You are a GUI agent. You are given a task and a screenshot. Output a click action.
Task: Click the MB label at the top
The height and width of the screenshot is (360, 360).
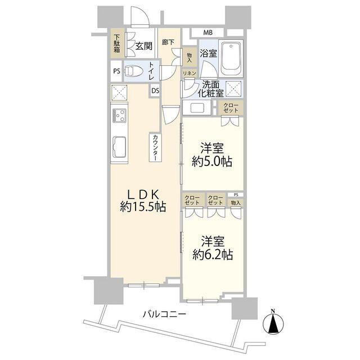tap(208, 33)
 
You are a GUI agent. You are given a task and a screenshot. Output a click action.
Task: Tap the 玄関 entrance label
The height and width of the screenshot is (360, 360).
tap(144, 46)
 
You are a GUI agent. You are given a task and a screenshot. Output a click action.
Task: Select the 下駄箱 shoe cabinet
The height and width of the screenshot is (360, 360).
tap(117, 43)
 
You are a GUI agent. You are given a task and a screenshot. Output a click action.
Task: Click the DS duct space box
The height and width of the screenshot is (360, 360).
tap(155, 91)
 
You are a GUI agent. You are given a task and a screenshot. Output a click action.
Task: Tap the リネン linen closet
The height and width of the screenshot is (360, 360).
tap(190, 73)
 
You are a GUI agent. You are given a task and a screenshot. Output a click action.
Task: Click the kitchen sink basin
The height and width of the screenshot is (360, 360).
tap(119, 147)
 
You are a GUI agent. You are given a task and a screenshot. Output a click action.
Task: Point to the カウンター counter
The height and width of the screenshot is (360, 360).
tap(155, 147)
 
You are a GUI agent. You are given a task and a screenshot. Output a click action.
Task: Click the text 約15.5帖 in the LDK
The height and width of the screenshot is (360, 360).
tap(143, 207)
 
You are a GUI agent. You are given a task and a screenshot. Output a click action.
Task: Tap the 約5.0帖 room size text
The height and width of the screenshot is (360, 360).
tap(212, 161)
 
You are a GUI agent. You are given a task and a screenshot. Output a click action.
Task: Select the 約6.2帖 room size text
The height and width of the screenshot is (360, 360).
tap(213, 254)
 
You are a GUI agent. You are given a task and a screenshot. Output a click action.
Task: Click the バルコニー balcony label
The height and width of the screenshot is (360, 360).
tap(164, 314)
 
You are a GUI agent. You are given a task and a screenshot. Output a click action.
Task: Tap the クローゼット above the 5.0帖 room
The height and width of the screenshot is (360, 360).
tap(231, 108)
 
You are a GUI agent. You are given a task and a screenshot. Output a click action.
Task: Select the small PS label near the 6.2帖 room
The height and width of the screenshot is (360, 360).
tap(236, 195)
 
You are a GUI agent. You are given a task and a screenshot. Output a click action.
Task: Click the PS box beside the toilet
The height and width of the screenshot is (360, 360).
tap(117, 71)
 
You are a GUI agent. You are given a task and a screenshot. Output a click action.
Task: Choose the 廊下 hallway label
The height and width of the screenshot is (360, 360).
tap(168, 42)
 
